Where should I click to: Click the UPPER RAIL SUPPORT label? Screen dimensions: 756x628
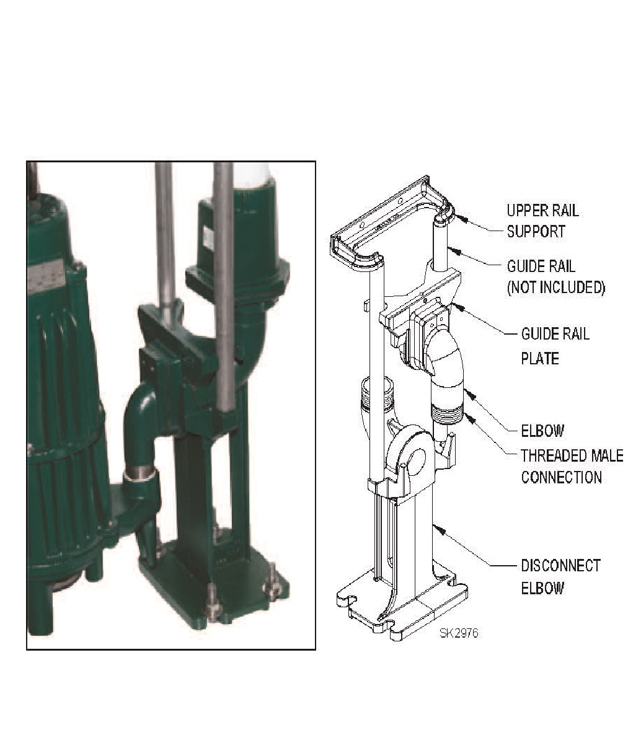(x=542, y=221)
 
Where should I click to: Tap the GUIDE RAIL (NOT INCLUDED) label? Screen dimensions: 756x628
(x=555, y=276)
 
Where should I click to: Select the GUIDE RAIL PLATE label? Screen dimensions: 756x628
(x=555, y=346)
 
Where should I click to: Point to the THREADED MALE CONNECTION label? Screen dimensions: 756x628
(x=572, y=466)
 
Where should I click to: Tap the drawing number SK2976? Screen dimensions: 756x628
(x=459, y=633)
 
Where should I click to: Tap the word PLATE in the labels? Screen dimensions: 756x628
(x=540, y=358)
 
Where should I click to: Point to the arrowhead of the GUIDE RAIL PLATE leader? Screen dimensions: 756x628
(x=457, y=305)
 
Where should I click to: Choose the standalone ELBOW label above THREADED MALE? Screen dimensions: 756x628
(x=542, y=431)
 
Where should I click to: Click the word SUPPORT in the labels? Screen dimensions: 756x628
(x=536, y=232)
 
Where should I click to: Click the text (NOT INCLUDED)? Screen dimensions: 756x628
(x=555, y=288)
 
